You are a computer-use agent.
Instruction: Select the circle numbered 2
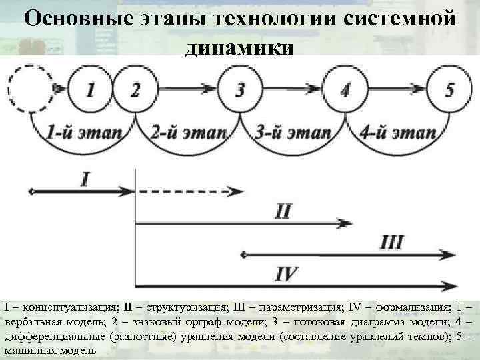pyautogui.click(x=136, y=89)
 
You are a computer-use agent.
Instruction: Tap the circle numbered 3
pyautogui.click(x=240, y=89)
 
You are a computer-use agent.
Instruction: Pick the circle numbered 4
pyautogui.click(x=344, y=89)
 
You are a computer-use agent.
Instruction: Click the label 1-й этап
pyautogui.click(x=82, y=131)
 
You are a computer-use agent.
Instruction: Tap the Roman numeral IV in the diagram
pyautogui.click(x=286, y=273)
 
